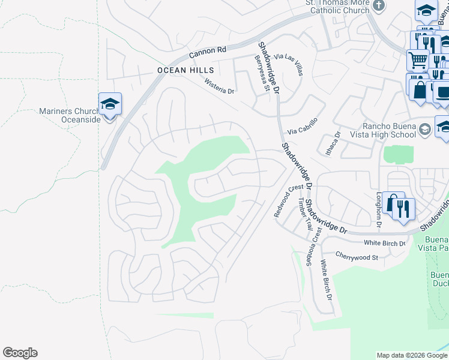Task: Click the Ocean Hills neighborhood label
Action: (181, 70)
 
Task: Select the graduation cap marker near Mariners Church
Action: (110, 105)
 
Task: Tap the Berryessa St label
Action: (261, 71)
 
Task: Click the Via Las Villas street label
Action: (289, 64)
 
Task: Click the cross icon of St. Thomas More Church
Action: (378, 6)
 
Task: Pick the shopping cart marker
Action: (418, 60)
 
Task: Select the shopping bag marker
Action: (420, 89)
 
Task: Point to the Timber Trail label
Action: (304, 217)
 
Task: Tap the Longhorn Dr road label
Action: (379, 210)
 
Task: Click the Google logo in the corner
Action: (20, 353)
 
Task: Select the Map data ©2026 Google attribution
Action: (411, 355)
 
